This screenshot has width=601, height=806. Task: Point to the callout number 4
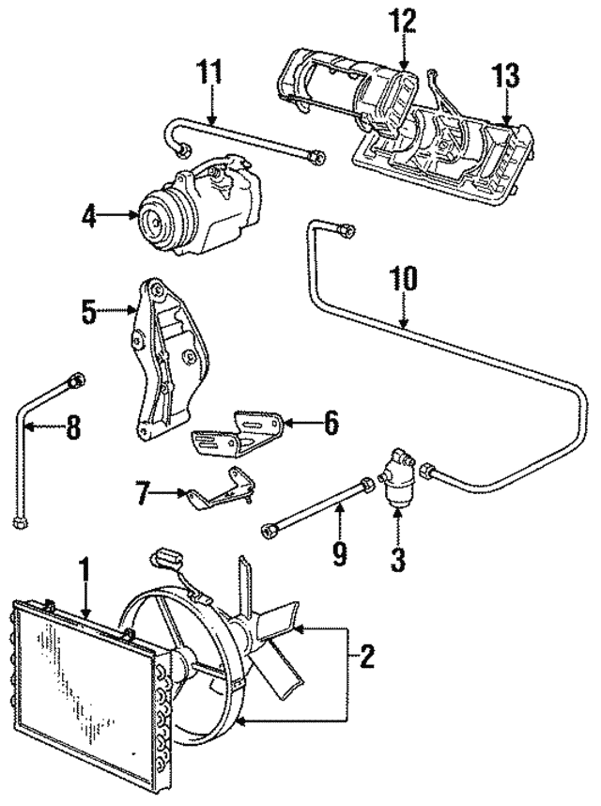[88, 216]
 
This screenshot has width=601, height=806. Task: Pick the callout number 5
[89, 312]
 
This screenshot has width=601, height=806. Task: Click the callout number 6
[330, 423]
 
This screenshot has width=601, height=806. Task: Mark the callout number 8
[72, 431]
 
